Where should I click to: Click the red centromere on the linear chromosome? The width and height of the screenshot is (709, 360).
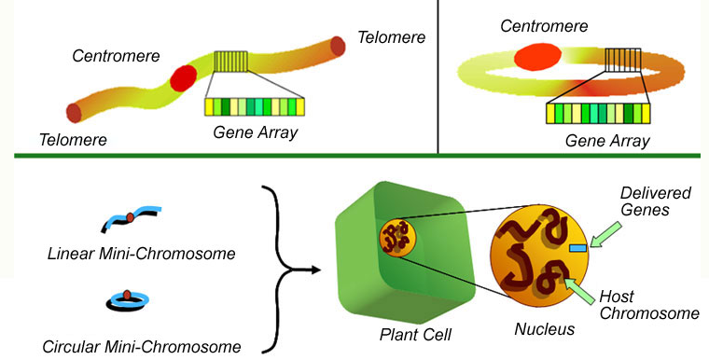183,77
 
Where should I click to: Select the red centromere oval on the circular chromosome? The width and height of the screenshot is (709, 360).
537,57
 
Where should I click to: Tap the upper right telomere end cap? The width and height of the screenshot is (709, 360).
338,46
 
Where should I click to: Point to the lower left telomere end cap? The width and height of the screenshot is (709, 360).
74,113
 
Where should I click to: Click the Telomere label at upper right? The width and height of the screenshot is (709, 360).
392,37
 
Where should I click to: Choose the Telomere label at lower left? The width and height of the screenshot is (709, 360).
74,140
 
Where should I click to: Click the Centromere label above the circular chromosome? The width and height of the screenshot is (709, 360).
544,26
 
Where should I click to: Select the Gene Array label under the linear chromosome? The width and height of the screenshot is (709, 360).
256,132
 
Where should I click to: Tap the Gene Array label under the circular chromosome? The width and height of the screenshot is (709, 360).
607,141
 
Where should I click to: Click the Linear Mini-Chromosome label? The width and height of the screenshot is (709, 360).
142,254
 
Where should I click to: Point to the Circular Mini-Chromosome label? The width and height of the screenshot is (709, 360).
142,347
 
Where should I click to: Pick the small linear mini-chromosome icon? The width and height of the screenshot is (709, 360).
131,218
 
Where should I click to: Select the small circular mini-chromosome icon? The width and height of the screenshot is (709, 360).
128,300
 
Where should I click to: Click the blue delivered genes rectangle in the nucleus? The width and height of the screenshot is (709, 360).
577,247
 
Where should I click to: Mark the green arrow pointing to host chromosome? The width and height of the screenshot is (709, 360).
579,291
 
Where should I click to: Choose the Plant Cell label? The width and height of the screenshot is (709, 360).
415,335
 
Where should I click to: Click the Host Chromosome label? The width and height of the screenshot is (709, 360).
649,305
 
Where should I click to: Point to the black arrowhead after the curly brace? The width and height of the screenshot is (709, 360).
315,270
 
